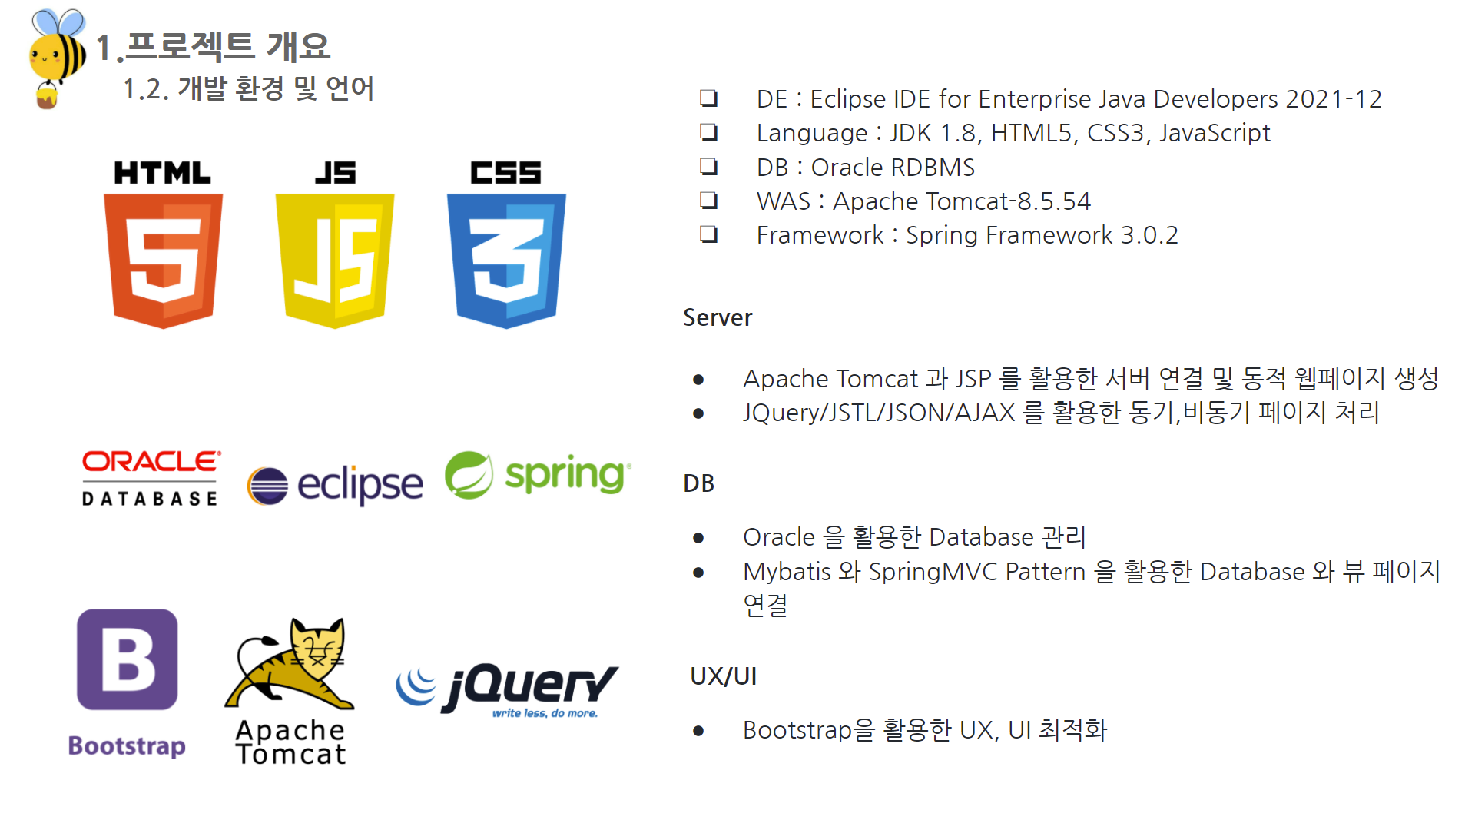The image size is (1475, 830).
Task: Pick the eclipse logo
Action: click(x=335, y=485)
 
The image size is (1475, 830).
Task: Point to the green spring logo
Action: click(x=538, y=474)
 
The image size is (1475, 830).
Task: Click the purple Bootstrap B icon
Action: click(x=128, y=659)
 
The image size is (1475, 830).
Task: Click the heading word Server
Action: click(x=718, y=317)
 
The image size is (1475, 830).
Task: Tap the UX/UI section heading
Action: click(x=724, y=676)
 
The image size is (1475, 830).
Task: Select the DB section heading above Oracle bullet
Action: click(x=699, y=483)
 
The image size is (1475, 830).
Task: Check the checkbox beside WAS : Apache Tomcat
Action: click(x=708, y=201)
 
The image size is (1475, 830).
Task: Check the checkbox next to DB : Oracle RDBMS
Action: click(x=708, y=166)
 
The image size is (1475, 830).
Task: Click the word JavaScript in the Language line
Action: click(x=1215, y=133)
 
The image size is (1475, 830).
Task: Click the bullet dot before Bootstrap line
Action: click(x=698, y=731)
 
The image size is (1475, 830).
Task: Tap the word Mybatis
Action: click(x=787, y=573)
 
